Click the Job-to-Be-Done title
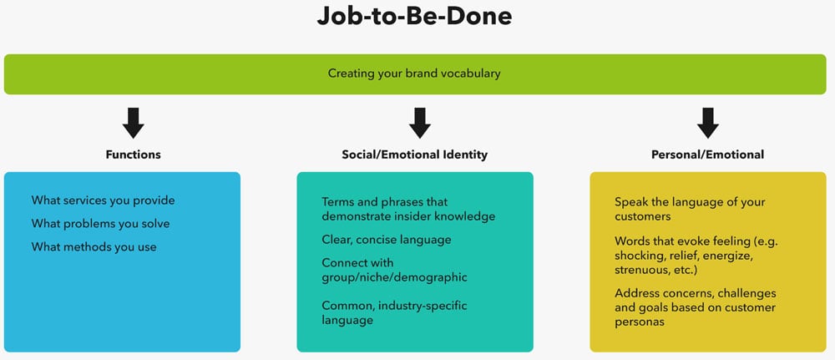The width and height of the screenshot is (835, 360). [x=414, y=17]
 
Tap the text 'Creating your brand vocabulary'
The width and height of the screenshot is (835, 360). [x=414, y=74]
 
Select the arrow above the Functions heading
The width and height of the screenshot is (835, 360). [x=133, y=123]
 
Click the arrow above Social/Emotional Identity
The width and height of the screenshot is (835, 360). [x=420, y=123]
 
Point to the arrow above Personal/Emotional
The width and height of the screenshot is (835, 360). [x=708, y=123]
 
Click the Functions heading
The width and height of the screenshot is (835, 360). [x=133, y=155]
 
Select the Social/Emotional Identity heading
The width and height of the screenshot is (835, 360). [x=414, y=155]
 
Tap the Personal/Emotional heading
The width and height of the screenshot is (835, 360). [x=708, y=155]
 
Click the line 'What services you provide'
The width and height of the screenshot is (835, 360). [x=103, y=200]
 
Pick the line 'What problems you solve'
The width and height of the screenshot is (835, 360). [x=101, y=224]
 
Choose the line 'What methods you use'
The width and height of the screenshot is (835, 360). [x=94, y=247]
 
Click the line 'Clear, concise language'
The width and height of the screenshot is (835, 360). [x=387, y=241]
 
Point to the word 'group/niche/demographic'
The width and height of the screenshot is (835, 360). [x=395, y=278]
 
